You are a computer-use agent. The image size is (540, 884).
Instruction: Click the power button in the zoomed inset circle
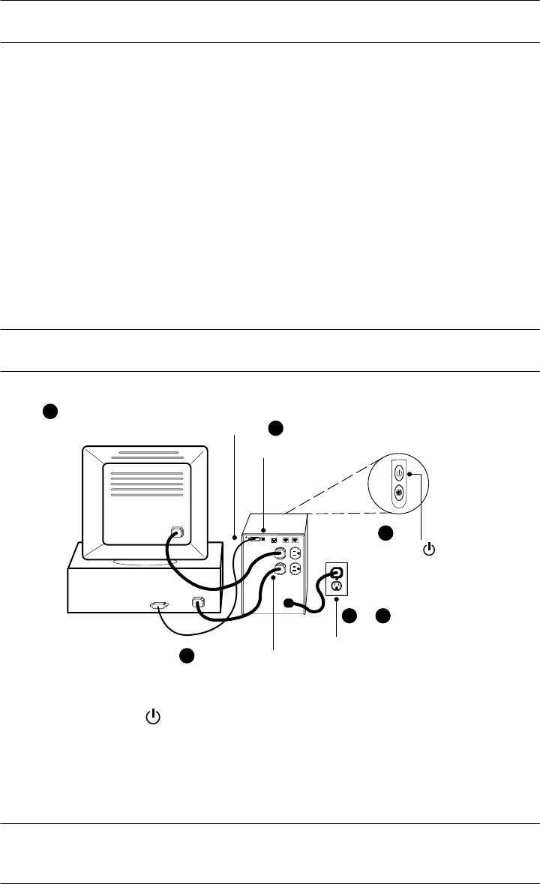399,474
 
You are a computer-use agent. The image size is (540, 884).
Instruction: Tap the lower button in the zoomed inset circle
399,493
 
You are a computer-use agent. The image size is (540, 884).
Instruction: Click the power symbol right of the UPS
429,550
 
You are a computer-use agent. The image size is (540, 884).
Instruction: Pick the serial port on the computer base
160,605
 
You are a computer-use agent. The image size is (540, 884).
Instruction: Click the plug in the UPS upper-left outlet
279,554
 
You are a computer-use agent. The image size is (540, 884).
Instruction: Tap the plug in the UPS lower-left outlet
279,569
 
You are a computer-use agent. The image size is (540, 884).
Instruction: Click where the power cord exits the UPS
288,603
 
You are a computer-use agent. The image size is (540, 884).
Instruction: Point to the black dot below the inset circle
385,533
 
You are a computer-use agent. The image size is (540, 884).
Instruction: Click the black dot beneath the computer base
187,655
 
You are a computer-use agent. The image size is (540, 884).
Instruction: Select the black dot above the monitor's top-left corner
49,411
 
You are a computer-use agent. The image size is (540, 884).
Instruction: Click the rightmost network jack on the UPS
295,539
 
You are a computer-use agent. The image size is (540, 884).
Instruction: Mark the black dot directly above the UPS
275,427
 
